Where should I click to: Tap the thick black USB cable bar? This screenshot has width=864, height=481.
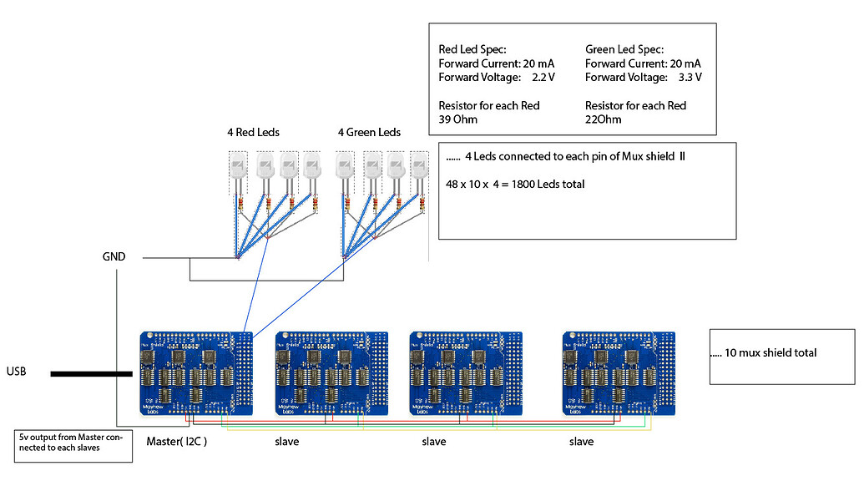tap(91, 373)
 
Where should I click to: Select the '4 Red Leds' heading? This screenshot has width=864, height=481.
tap(253, 133)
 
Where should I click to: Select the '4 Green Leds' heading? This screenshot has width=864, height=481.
tap(369, 133)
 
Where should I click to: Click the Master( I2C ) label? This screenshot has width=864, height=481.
tap(176, 441)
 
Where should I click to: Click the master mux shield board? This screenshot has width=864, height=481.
tap(196, 373)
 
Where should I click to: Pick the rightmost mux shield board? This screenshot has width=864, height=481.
tap(619, 373)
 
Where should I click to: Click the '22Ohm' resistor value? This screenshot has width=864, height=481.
tap(604, 119)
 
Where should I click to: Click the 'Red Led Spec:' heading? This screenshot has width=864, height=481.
tap(472, 49)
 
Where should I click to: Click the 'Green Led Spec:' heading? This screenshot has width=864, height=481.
tap(624, 49)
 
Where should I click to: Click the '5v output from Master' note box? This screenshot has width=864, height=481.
tap(74, 446)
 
